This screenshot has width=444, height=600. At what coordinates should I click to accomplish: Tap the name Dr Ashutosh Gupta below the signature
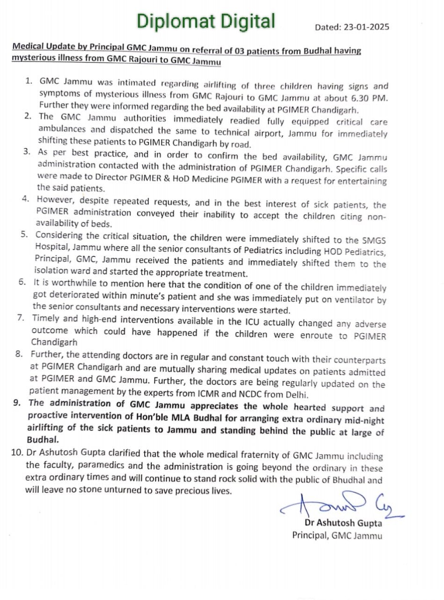[343, 523]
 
